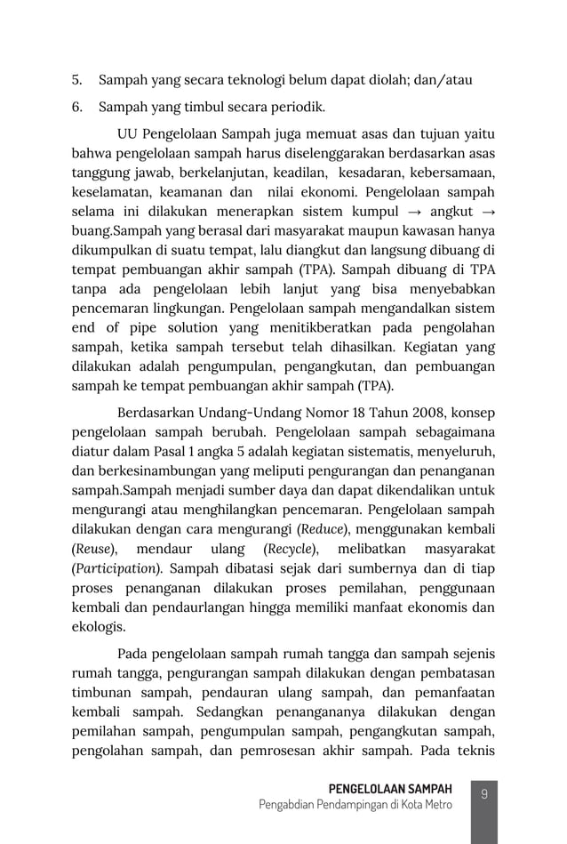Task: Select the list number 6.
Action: tap(76, 109)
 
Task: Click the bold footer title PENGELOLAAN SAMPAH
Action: tap(390, 789)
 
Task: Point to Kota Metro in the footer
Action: tap(422, 805)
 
